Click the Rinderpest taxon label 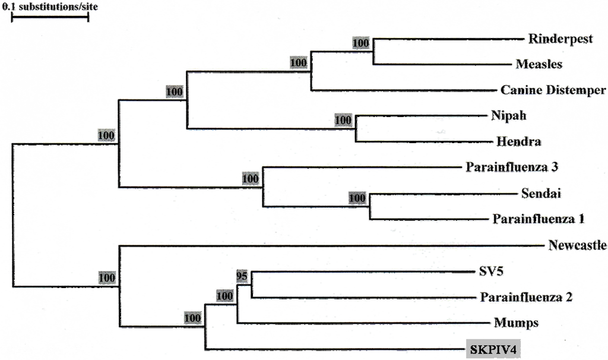[x=560, y=39]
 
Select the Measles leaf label [x=539, y=64]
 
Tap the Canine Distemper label [x=553, y=90]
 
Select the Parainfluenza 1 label [x=539, y=219]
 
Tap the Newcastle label [x=578, y=245]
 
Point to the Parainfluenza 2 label [x=525, y=296]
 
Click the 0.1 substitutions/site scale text [x=51, y=7]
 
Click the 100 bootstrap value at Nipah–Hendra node [x=343, y=120]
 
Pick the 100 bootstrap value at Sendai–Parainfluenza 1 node [x=358, y=198]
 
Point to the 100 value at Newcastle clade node [x=107, y=277]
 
